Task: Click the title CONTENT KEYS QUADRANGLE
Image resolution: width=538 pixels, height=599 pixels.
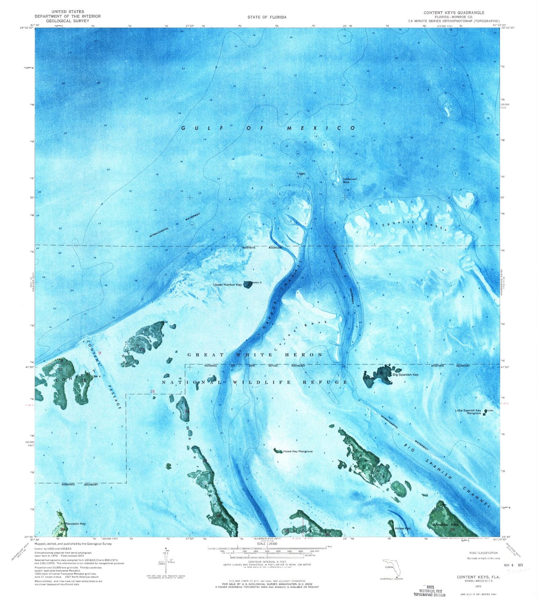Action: pyautogui.click(x=454, y=13)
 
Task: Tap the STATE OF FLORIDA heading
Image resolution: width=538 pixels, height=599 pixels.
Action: pyautogui.click(x=267, y=17)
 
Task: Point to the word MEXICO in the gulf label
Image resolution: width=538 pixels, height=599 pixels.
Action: pyautogui.click(x=322, y=128)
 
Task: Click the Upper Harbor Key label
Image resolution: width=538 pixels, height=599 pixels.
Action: pyautogui.click(x=227, y=285)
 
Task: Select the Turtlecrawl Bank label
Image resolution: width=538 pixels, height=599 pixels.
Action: pyautogui.click(x=350, y=180)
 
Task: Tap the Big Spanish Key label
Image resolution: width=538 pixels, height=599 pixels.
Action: pyautogui.click(x=405, y=375)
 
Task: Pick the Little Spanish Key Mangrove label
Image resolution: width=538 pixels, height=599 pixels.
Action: pyautogui.click(x=468, y=412)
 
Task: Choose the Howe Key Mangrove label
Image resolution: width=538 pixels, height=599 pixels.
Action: pyautogui.click(x=298, y=451)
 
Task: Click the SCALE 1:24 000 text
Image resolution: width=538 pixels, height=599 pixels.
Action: pyautogui.click(x=267, y=543)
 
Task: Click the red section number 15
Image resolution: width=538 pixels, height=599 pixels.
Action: pyautogui.click(x=152, y=391)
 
